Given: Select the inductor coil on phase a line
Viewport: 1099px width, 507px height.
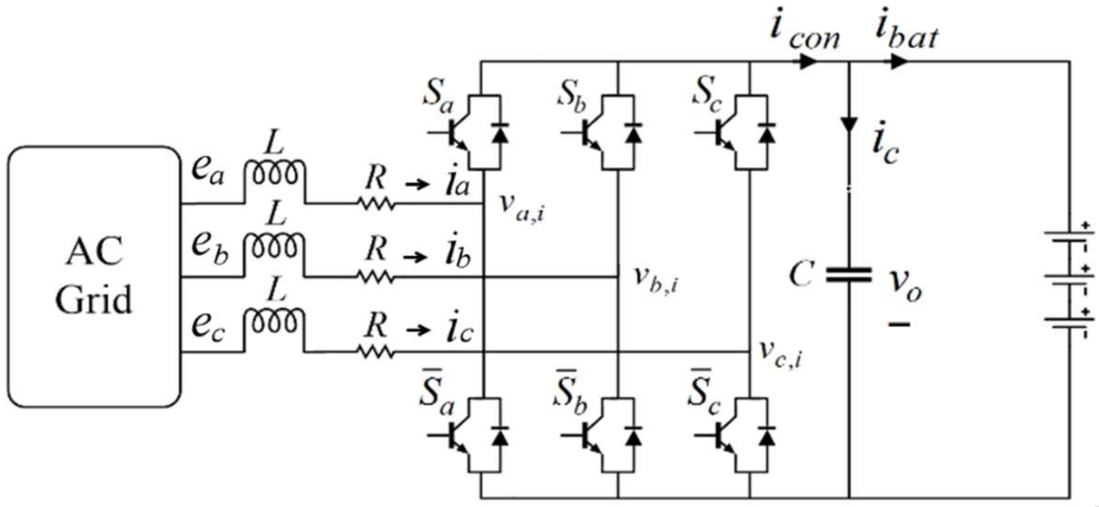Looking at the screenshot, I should (274, 173).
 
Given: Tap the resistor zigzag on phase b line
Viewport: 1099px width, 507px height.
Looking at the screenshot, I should (376, 277).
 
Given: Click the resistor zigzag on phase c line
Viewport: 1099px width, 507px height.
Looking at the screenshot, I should (376, 352).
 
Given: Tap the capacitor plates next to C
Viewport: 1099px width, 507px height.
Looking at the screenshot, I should (849, 275).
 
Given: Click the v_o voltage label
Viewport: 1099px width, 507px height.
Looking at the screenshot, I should (904, 286).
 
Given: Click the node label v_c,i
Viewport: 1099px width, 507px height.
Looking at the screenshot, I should (781, 355).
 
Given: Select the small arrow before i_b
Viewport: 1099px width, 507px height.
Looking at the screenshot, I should (415, 257).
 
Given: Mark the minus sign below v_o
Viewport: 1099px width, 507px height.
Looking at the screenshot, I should (899, 324).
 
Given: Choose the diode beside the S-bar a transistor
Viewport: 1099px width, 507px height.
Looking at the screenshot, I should (500, 435).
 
